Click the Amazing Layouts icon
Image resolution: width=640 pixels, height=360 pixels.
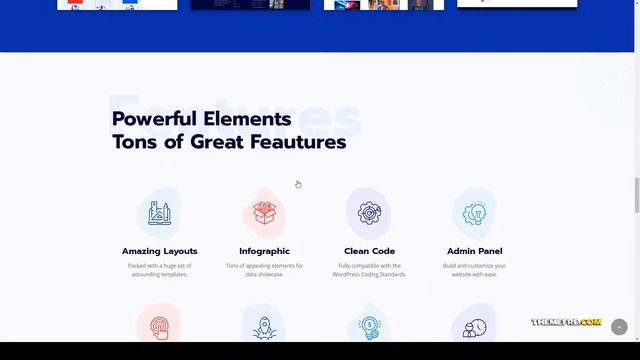coord(159,212)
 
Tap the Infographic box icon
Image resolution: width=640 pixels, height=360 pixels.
coord(264,212)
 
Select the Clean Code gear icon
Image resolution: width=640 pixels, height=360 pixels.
coord(369,212)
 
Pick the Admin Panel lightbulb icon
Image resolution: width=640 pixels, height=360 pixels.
coord(474,212)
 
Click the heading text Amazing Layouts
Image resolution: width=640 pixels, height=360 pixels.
coord(160,251)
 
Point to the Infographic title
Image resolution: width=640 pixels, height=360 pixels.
coord(264,251)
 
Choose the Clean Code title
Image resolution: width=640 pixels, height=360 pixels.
coord(369,251)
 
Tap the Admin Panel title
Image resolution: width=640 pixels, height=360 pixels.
coord(474,251)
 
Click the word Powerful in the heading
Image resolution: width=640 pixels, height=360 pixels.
coord(155,119)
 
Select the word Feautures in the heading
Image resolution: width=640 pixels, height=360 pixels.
coord(297,142)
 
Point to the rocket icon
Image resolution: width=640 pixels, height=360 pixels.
coord(264,326)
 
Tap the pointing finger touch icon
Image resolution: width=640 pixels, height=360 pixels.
coord(159,326)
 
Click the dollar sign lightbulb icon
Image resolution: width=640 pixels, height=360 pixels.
coord(369,326)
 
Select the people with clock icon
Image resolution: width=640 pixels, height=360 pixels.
coord(474,327)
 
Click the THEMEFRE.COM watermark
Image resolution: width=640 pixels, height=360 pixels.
coord(566,323)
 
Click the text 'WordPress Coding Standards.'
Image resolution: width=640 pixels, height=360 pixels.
coord(369,274)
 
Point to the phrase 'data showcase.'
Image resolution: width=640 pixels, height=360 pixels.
coord(264,274)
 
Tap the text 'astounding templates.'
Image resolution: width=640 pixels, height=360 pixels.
coord(160,274)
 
